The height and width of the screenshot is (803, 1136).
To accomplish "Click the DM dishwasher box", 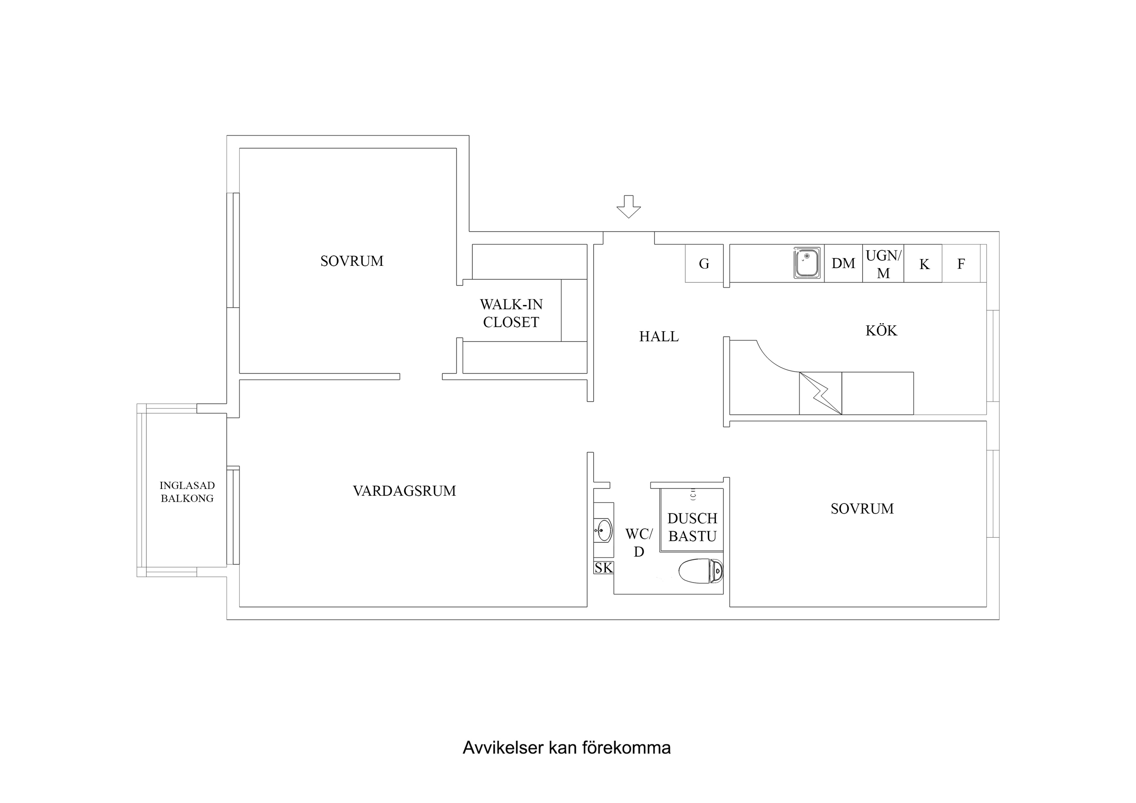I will (x=843, y=264).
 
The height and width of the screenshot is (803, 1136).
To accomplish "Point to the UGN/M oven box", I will (x=883, y=264).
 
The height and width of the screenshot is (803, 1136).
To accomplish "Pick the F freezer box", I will (x=961, y=264).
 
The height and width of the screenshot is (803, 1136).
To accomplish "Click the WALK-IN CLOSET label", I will (x=511, y=313).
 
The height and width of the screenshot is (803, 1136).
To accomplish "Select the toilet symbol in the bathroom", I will (x=701, y=571).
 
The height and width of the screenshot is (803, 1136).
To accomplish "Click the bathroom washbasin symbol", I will (x=604, y=530).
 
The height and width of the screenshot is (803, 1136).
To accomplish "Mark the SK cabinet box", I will (x=603, y=568).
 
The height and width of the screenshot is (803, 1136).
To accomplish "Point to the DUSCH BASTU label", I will (x=692, y=528).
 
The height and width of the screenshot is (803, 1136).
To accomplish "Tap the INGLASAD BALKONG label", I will (x=187, y=492).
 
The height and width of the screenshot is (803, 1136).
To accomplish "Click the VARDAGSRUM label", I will (x=404, y=491).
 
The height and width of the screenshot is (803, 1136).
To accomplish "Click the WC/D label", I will (x=639, y=543).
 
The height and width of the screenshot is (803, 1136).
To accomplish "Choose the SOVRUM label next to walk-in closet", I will (x=352, y=261).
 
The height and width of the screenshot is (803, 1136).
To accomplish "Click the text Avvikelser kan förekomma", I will (x=566, y=748).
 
